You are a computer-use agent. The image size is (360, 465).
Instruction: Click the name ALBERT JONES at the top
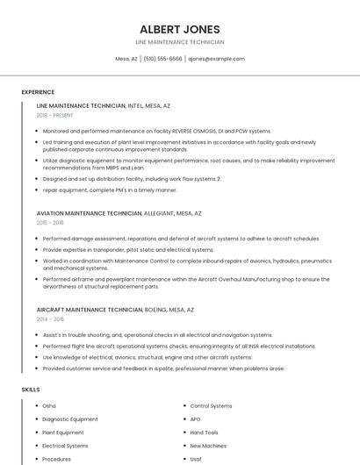[x=180, y=29]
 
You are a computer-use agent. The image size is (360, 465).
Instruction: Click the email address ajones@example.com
[x=217, y=59]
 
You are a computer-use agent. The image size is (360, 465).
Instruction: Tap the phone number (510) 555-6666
[x=162, y=59]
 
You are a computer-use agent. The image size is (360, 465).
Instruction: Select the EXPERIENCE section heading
[x=38, y=92]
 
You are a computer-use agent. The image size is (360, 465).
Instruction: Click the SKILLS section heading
[x=31, y=389]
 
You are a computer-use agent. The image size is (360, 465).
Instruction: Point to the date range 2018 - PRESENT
[x=56, y=115]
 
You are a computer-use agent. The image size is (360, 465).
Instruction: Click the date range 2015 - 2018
[x=50, y=223]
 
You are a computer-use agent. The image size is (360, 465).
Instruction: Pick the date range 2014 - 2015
[x=50, y=319]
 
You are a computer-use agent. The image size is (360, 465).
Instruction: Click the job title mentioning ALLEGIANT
[x=119, y=213]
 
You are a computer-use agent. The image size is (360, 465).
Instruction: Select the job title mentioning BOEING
[x=116, y=310]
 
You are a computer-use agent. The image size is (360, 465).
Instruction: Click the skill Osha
[x=49, y=406]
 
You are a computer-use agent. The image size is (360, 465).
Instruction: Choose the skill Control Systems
[x=212, y=406]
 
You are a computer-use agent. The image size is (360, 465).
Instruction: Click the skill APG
[x=196, y=419]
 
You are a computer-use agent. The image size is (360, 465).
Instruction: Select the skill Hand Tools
[x=204, y=433]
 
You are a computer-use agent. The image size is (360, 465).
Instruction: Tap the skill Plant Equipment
[x=63, y=433]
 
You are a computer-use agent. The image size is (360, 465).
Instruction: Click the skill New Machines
[x=207, y=446]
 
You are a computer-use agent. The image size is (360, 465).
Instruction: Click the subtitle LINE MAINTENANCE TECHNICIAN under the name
[x=180, y=42]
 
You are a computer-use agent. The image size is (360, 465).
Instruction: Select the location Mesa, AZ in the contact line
[x=126, y=59]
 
